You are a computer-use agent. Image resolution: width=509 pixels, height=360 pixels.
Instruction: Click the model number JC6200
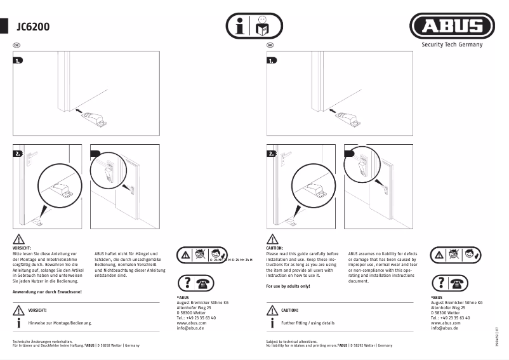[34, 27]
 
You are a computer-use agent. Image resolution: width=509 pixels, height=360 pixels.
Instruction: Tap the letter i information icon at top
[239, 27]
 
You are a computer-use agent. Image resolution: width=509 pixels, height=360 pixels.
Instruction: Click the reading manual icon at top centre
[261, 27]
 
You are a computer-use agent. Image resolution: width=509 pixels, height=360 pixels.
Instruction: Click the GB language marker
[270, 46]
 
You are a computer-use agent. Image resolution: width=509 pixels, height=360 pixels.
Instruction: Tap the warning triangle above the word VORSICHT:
[18, 239]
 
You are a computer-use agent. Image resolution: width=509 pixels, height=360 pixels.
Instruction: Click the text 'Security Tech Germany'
[452, 45]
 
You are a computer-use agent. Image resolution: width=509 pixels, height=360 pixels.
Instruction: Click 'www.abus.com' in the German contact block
[191, 323]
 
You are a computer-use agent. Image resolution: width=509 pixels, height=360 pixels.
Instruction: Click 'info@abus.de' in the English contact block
[445, 328]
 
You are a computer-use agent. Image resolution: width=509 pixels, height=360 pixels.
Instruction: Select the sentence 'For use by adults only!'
[288, 286]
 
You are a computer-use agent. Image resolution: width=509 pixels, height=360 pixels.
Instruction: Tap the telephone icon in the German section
[204, 284]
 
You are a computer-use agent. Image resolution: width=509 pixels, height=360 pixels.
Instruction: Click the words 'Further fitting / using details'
[307, 323]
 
